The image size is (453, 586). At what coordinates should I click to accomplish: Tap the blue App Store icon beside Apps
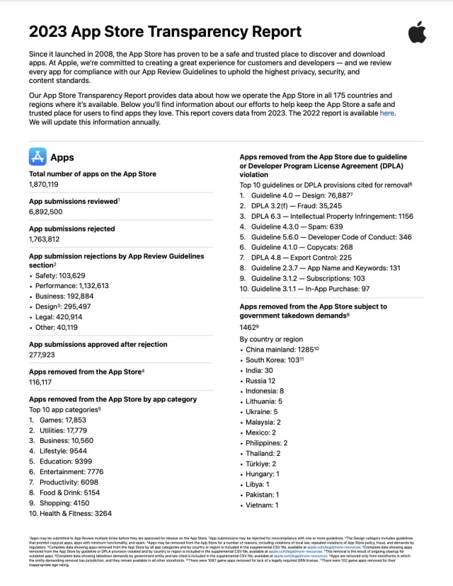tap(38, 156)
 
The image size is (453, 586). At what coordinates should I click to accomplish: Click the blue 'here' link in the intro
tap(387, 113)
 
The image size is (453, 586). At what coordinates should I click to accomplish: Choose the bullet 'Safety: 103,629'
tap(64, 275)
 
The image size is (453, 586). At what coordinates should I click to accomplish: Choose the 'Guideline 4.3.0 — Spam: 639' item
tap(307, 226)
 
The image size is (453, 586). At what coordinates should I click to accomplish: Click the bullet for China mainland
tap(280, 349)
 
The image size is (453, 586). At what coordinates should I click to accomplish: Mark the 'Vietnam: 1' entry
tap(262, 505)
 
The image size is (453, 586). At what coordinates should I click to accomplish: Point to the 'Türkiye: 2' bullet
tap(262, 464)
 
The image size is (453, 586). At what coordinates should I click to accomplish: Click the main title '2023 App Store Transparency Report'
tap(165, 31)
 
